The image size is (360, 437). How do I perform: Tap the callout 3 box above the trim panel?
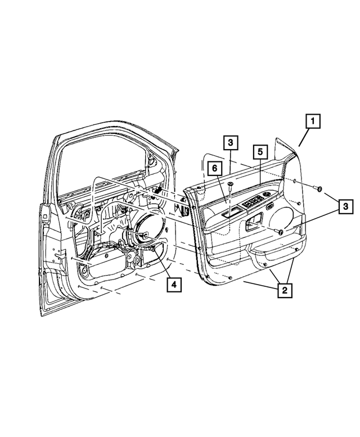(x=231, y=143)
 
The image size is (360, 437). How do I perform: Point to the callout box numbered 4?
(x=173, y=285)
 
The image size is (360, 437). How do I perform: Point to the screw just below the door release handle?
(x=280, y=232)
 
